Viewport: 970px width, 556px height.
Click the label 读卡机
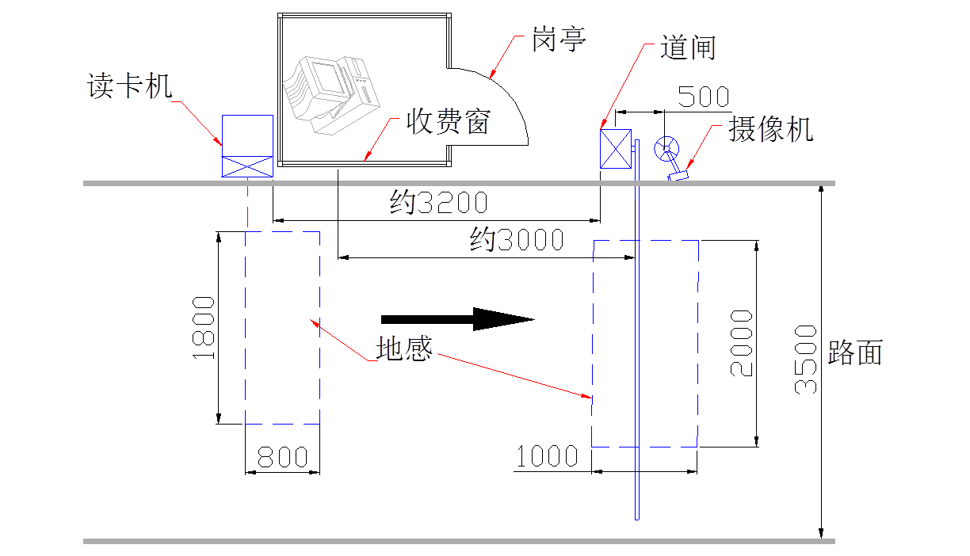129,86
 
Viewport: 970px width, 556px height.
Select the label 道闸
688,48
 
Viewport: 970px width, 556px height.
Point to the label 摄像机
771,130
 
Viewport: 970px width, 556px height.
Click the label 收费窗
449,121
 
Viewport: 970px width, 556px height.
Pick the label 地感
404,349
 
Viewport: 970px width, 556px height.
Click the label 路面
855,352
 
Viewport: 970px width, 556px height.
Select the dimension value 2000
741,343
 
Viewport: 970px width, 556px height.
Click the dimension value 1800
204,328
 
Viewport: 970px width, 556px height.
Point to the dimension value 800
283,457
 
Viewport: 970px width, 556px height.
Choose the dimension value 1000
548,456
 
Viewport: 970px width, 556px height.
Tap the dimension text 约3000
517,239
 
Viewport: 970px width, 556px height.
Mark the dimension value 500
704,97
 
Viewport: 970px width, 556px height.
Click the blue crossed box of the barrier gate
615,149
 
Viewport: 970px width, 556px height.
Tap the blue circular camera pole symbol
666,147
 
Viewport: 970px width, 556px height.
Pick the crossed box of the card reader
247,166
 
